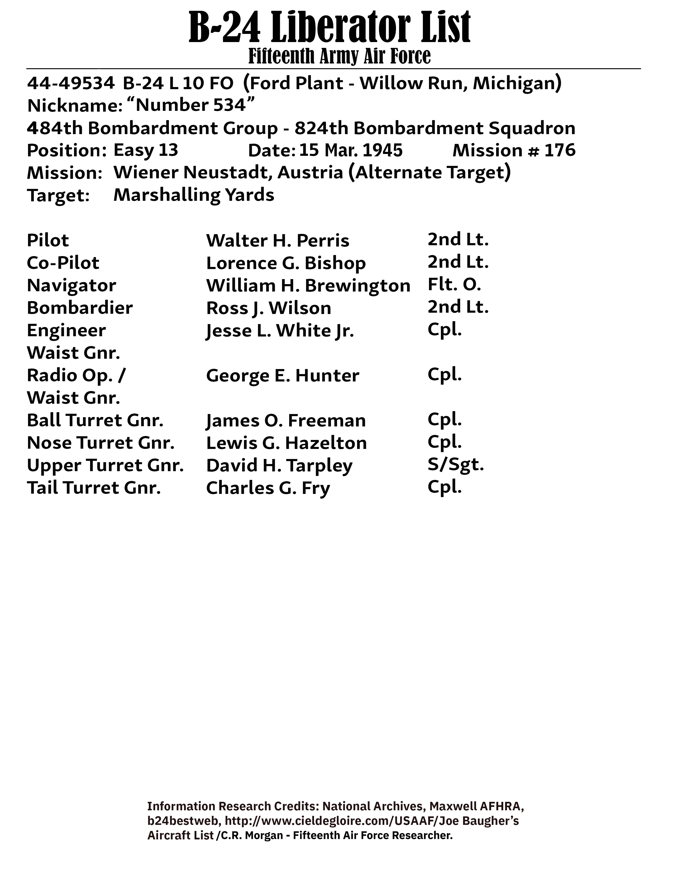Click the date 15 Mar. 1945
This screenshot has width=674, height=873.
click(x=350, y=150)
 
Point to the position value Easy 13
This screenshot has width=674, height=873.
click(x=146, y=150)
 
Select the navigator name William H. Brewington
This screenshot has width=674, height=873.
click(x=308, y=286)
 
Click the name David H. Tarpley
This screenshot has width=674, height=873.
click(x=279, y=466)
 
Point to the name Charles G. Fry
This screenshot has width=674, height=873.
click(x=268, y=488)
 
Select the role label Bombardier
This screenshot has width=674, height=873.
click(x=80, y=308)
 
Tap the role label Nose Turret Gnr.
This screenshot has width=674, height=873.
click(x=101, y=443)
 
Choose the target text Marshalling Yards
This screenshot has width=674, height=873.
click(x=194, y=195)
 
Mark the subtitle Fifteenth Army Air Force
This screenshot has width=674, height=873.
click(x=339, y=56)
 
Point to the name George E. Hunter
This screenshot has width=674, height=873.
click(x=282, y=376)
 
